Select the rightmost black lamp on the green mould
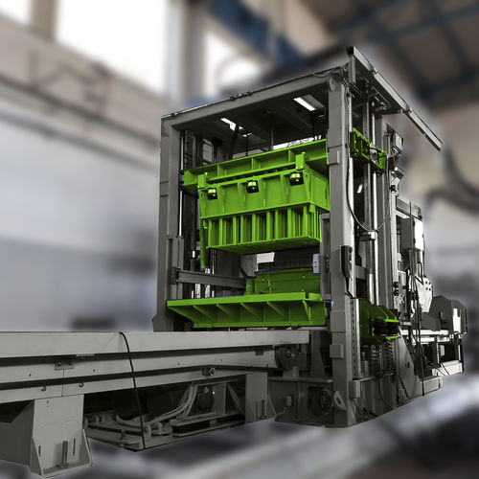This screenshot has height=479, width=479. tap(296, 178)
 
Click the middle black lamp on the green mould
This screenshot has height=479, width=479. tap(252, 186)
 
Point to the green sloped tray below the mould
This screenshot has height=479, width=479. tap(247, 309)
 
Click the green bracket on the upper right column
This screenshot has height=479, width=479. tap(366, 149)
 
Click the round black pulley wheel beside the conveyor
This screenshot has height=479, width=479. tap(285, 355)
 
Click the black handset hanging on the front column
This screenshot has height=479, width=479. tap(347, 258)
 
